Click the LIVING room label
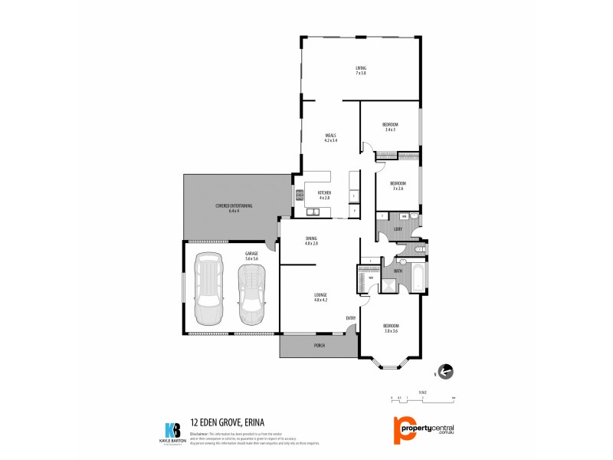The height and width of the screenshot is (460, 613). (x=360, y=70)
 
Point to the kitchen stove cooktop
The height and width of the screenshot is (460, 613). (x=300, y=195)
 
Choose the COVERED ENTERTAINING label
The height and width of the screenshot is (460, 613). (x=234, y=208)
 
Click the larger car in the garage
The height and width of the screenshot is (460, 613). (x=208, y=289)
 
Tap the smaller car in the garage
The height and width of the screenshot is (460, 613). (x=251, y=296)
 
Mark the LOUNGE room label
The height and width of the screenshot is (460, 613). (x=320, y=297)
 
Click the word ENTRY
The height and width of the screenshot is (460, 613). (x=351, y=318)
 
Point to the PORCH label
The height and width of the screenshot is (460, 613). (x=320, y=346)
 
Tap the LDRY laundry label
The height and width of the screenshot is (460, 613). (x=398, y=228)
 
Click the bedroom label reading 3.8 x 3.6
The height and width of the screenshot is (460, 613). (x=391, y=328)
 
